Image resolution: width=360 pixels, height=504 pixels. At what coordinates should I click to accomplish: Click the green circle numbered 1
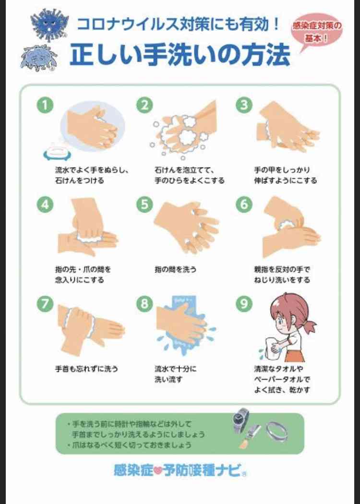click(x=45, y=105)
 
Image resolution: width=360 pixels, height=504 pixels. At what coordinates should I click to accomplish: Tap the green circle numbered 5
click(x=144, y=204)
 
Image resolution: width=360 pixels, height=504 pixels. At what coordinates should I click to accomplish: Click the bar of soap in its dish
click(x=57, y=152)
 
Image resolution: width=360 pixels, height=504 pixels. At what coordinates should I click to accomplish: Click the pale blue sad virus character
click(x=39, y=58)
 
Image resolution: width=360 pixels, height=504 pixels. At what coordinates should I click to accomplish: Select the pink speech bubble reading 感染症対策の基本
click(x=316, y=32)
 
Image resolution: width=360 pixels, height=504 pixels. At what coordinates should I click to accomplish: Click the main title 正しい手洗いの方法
click(x=180, y=55)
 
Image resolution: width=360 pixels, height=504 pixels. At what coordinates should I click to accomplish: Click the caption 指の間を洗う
click(x=175, y=269)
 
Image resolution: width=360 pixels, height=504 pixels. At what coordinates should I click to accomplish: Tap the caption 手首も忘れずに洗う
click(x=86, y=369)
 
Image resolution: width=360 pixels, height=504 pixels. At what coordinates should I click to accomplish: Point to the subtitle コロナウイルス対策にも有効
click(x=179, y=25)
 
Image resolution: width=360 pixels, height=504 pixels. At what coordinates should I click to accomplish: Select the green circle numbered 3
click(x=244, y=105)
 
